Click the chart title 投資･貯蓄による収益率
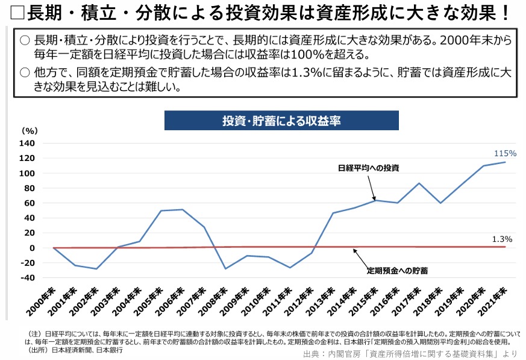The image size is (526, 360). click(x=281, y=121)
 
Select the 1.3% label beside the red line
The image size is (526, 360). click(x=502, y=239)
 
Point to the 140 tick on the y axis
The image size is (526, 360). click(x=28, y=144)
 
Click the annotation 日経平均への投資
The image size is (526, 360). click(x=368, y=167)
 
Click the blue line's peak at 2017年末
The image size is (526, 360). click(x=419, y=183)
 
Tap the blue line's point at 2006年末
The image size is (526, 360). click(x=183, y=209)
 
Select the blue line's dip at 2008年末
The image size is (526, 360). click(x=225, y=269)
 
